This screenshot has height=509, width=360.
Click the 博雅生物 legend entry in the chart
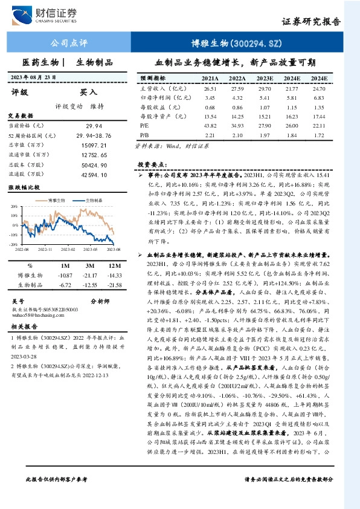click(57, 198)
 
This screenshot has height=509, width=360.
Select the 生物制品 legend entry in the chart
click(92, 198)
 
